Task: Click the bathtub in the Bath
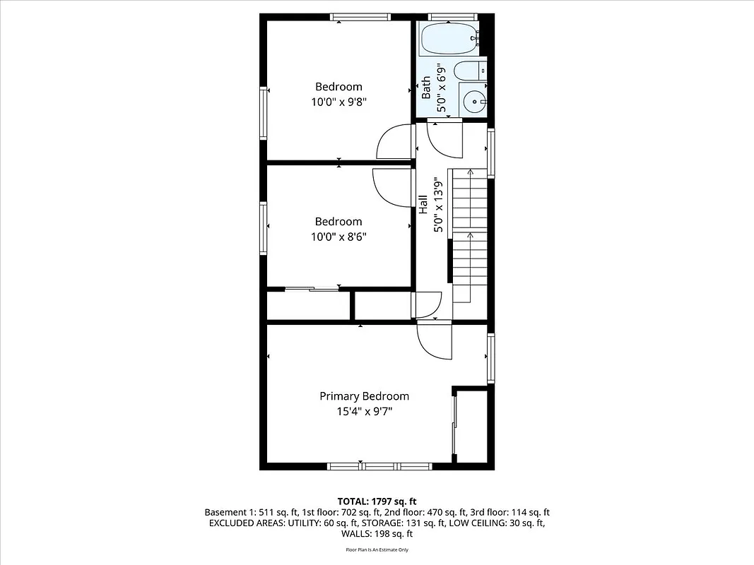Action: click(449, 39)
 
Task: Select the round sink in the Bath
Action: click(473, 101)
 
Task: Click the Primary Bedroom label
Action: click(364, 396)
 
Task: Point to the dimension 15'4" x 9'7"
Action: click(364, 410)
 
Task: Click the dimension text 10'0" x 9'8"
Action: click(338, 102)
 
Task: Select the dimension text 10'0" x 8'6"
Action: click(338, 236)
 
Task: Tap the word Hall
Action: click(423, 205)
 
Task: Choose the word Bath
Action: click(426, 88)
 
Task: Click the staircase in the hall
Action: click(470, 233)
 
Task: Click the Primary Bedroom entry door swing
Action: click(434, 340)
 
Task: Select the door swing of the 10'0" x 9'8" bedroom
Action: click(394, 143)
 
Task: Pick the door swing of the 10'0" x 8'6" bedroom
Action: click(391, 188)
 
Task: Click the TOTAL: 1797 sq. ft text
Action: click(377, 500)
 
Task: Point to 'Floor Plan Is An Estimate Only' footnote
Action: click(377, 549)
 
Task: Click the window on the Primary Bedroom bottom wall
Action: click(379, 465)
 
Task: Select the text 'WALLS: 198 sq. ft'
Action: click(377, 534)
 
